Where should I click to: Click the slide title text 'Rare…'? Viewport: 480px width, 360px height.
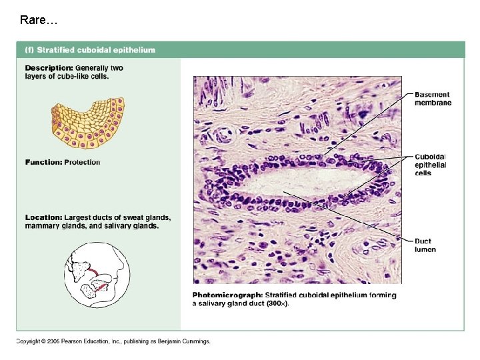[39, 20]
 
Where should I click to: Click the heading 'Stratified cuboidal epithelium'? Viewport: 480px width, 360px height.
[96, 49]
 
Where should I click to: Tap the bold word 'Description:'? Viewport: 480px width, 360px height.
[49, 68]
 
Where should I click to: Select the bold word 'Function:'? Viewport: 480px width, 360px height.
[43, 162]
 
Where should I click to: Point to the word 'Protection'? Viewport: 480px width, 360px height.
[82, 162]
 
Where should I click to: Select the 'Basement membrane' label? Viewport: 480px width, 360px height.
[433, 99]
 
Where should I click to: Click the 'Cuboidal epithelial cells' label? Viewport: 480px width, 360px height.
[431, 165]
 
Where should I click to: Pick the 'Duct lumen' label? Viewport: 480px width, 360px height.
[425, 245]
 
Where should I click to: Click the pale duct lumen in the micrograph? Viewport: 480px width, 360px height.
[293, 182]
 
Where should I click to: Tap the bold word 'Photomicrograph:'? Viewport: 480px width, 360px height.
[227, 295]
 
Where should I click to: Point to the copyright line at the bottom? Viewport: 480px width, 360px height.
[113, 341]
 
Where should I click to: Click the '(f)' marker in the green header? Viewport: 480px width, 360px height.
[29, 49]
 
